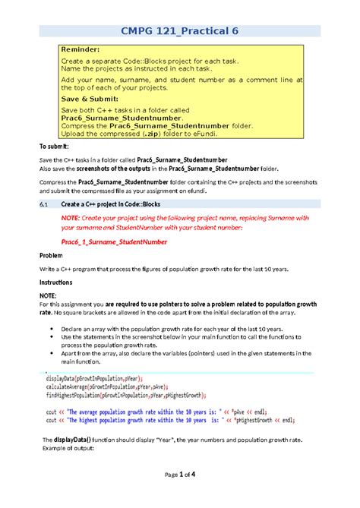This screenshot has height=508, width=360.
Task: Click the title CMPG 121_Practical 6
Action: pos(180,30)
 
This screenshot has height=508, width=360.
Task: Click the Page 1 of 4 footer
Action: pos(180,495)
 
